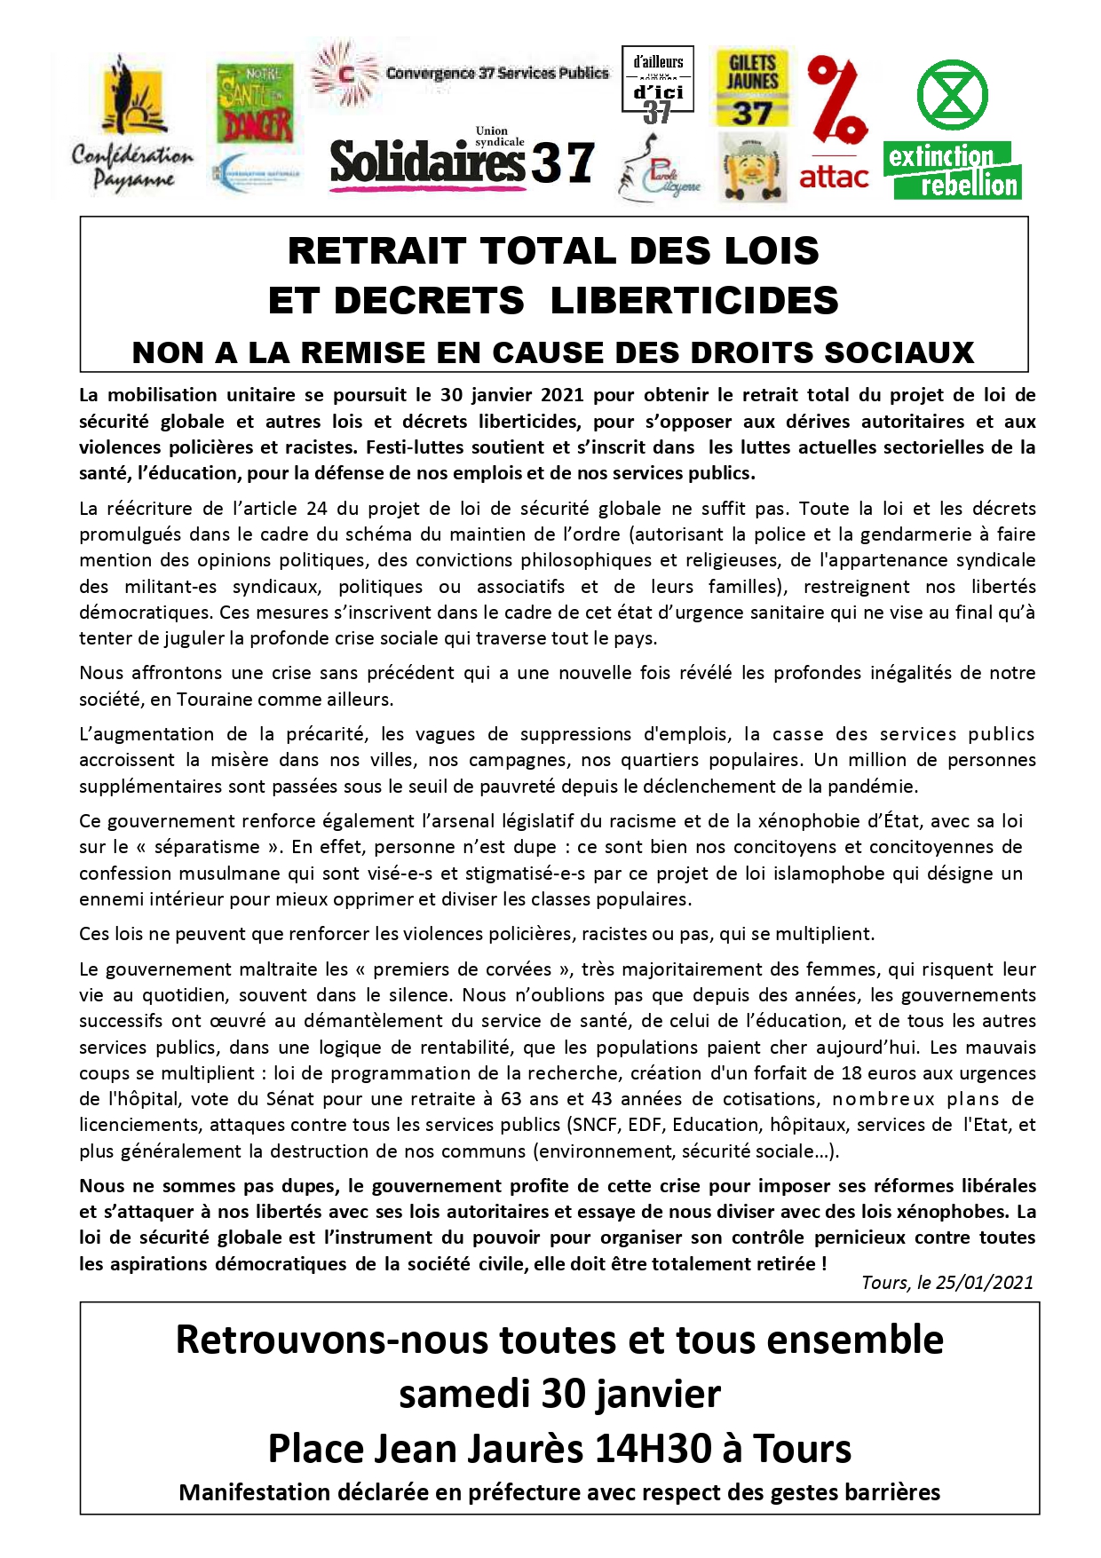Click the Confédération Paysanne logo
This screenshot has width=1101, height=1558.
pos(131,124)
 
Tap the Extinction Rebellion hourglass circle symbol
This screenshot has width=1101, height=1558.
pos(952,95)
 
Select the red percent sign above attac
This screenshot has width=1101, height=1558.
pos(836,100)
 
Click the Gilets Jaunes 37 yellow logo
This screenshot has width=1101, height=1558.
pos(752,88)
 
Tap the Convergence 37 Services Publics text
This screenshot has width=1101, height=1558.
pos(497,73)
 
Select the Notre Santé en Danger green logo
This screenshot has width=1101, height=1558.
pos(255,103)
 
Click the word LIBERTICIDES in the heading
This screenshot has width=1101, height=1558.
pos(694,301)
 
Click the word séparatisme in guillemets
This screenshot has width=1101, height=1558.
pos(207,847)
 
